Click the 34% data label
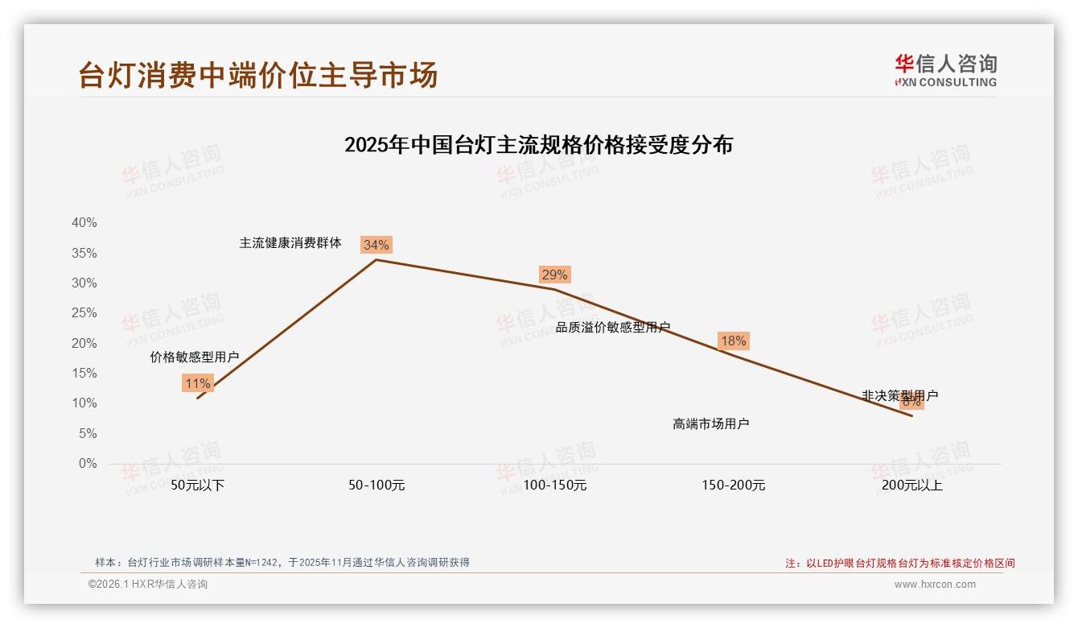coord(376,245)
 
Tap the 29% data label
coord(554,275)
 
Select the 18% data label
coord(733,341)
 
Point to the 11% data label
coord(197,383)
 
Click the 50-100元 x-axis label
coord(376,485)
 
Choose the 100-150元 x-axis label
coord(555,485)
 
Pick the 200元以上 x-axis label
coord(911,485)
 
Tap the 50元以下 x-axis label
coord(197,485)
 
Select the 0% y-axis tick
coord(87,464)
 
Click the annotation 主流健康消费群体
coord(290,242)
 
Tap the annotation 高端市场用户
coord(710,423)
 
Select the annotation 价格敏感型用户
coord(195,357)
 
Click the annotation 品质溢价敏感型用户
coord(613,327)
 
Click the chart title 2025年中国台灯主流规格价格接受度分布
coord(538,145)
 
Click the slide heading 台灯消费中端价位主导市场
coord(258,75)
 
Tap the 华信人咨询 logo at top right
coord(945,70)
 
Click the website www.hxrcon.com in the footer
coord(935,585)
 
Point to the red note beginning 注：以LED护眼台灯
coord(900,564)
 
